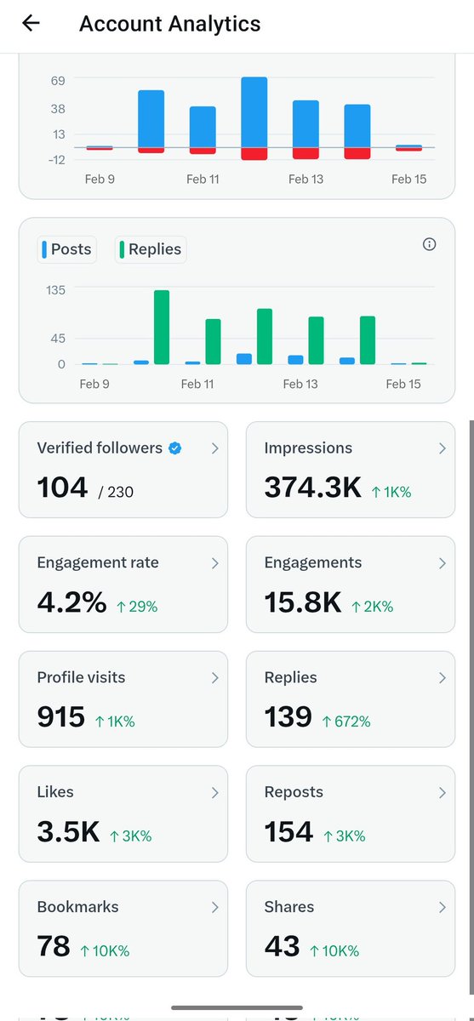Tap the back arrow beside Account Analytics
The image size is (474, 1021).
(x=31, y=24)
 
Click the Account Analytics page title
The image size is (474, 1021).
(x=169, y=24)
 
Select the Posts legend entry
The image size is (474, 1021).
(x=66, y=249)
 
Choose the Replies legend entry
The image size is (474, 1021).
(x=150, y=249)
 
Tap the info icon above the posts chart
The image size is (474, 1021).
(x=429, y=245)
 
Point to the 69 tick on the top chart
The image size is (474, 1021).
(x=58, y=80)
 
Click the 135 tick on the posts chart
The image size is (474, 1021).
(x=56, y=289)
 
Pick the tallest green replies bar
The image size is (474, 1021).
(x=162, y=327)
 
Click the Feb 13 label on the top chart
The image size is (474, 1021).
(x=306, y=180)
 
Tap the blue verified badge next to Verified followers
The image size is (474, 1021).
(x=174, y=448)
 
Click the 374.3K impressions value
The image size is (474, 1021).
(x=312, y=488)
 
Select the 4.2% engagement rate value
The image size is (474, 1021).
(x=71, y=602)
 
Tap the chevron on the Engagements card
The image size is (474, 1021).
(x=442, y=563)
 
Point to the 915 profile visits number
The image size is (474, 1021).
(x=60, y=717)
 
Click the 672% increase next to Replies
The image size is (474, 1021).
(x=346, y=722)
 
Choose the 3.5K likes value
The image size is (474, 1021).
(x=68, y=832)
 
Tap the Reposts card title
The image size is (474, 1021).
(x=294, y=792)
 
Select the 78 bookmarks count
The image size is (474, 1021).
(x=53, y=946)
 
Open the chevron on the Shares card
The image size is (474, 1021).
(x=442, y=908)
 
